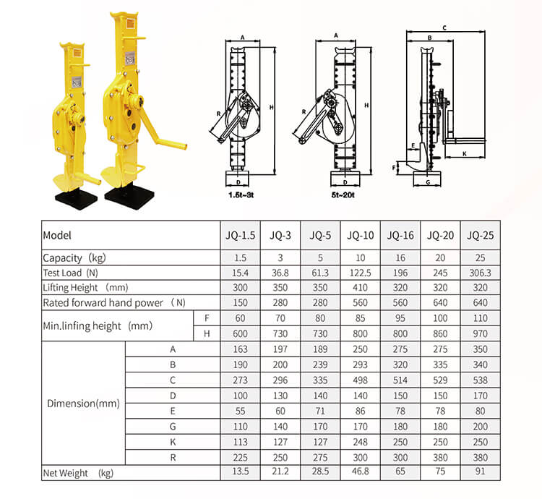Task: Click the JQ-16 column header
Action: pos(400,235)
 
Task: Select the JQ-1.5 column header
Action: pos(239,235)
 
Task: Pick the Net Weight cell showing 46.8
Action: pos(360,472)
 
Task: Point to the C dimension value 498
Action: pos(360,380)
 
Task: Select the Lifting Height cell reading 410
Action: pos(360,287)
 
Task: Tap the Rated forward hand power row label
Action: pos(114,302)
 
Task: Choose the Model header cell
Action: pos(58,235)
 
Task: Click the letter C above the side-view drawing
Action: pos(444,27)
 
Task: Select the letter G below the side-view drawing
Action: pos(428,183)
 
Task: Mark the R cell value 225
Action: pos(239,457)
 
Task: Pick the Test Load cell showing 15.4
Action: pos(239,273)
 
